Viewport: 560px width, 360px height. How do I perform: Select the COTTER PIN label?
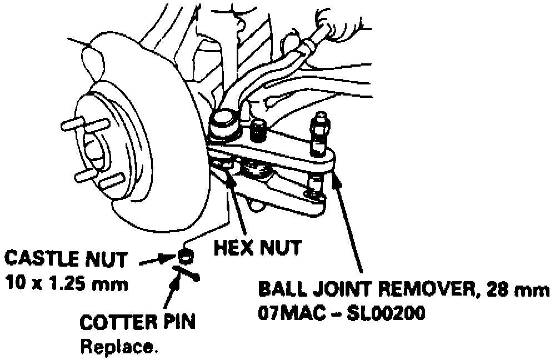tap(137, 323)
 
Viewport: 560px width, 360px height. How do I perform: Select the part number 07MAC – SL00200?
tap(341, 313)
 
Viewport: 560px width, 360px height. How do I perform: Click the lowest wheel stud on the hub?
tap(111, 180)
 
